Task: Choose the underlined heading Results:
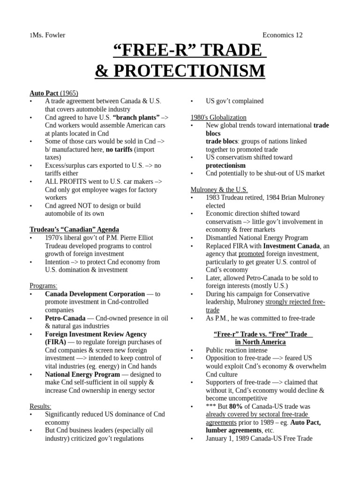[x=41, y=406]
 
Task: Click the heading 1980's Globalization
[x=218, y=117]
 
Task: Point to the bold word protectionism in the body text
[x=225, y=165]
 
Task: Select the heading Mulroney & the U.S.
[x=218, y=189]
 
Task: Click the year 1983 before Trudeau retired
[x=214, y=197]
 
